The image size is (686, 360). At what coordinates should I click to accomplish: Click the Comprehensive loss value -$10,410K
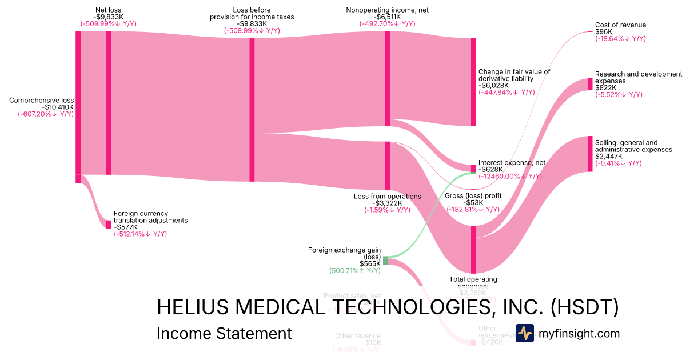point(58,107)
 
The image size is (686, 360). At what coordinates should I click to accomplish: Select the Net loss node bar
point(109,103)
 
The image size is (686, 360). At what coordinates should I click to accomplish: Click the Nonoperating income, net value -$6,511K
point(387,17)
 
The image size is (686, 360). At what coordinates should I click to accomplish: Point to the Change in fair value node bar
point(473,82)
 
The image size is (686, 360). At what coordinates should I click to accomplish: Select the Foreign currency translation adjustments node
point(109,225)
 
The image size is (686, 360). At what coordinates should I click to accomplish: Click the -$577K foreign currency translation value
point(126,227)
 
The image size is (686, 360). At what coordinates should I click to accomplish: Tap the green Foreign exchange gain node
point(385,261)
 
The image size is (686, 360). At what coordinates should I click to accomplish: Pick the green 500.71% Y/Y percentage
point(355,270)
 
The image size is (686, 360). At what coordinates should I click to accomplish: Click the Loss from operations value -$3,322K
point(387,203)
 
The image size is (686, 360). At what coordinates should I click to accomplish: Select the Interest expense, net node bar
point(473,169)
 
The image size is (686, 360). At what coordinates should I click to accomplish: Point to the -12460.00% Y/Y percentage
point(510,176)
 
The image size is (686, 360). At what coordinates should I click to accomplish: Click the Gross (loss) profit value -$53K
point(473,202)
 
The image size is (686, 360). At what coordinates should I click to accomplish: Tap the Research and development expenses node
point(590,84)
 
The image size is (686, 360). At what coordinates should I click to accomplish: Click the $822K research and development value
point(606,87)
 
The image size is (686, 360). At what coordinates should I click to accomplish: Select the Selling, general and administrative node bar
point(590,154)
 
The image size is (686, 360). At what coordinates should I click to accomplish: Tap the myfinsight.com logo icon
point(525,333)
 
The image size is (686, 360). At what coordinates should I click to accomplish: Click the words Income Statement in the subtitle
point(224,333)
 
